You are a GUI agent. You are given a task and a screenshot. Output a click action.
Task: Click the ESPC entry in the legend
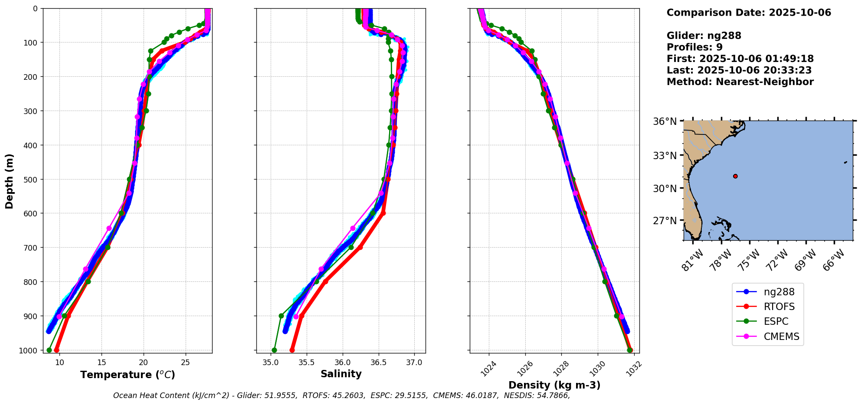[776, 321]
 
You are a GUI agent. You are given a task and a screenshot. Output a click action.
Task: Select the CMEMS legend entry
[781, 336]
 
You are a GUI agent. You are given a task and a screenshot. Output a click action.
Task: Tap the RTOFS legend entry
[779, 307]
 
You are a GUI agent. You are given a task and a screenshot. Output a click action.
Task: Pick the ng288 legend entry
[779, 292]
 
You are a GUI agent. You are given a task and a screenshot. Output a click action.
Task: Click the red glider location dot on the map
[735, 176]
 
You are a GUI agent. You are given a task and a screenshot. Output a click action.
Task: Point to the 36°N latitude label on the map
[665, 121]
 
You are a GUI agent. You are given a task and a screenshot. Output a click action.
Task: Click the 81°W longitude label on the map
[691, 260]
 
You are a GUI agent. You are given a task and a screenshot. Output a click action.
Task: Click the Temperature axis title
[128, 375]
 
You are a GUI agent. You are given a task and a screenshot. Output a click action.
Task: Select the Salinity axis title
[341, 374]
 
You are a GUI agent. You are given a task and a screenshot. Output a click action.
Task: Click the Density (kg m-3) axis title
[554, 385]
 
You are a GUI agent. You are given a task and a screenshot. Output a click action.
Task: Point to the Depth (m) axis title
[10, 181]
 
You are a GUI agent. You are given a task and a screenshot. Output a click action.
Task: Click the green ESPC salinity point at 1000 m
[274, 350]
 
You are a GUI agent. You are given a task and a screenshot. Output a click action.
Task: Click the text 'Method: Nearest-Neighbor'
[740, 82]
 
